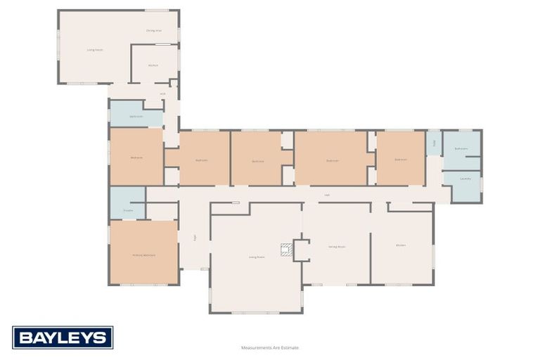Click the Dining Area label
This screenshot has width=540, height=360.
coord(154,31)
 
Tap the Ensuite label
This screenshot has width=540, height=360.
coord(128,210)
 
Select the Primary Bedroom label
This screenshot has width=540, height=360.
coord(144,255)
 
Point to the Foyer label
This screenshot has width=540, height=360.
coord(195,238)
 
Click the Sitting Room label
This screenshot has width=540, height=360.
coord(337,246)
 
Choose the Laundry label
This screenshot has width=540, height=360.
coord(465,179)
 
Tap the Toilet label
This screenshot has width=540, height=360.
coord(434,143)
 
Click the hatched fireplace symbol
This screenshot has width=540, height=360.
coord(287,249)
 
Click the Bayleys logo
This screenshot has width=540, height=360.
coord(63,337)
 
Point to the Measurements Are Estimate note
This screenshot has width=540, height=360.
coord(270,347)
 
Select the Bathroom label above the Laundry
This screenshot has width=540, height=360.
coord(461,148)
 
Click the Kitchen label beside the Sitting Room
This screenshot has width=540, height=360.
coord(401,245)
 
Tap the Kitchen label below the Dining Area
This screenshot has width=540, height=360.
coord(153,65)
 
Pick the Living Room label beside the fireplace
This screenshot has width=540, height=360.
coord(256,257)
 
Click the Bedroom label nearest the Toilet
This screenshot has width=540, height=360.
coord(401,160)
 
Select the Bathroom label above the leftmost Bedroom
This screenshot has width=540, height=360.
coord(136,116)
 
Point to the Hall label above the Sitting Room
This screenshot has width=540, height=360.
coord(327,195)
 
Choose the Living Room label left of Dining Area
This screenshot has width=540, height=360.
coord(95,50)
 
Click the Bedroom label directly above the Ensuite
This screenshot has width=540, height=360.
coord(136,157)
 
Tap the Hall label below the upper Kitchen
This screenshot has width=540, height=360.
coord(162,94)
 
